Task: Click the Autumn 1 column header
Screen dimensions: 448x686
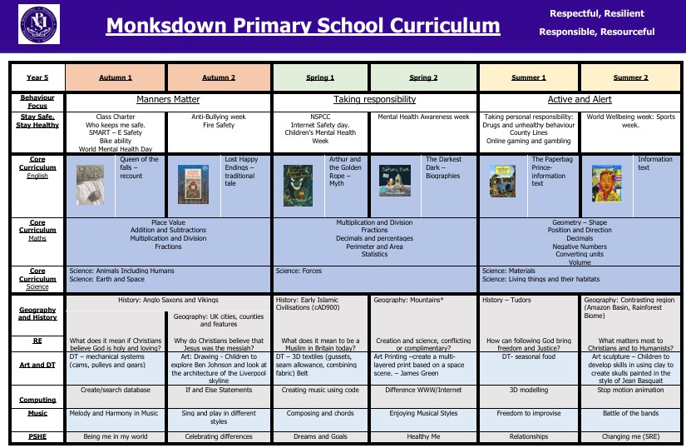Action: [x=116, y=77]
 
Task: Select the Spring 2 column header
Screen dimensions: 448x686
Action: [x=424, y=77]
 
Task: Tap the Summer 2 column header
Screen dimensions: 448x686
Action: [x=631, y=77]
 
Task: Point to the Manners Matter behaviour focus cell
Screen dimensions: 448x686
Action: [x=168, y=99]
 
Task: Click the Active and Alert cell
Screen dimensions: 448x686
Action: [x=581, y=99]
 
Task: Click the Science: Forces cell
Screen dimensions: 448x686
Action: [x=299, y=270]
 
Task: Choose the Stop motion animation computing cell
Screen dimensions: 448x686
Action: [x=631, y=389]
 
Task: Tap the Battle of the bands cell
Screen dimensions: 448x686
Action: [x=631, y=411]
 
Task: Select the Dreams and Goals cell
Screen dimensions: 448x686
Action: [x=320, y=436]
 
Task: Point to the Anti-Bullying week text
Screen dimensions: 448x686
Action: [x=220, y=117]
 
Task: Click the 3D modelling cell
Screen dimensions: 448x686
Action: [x=529, y=389]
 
